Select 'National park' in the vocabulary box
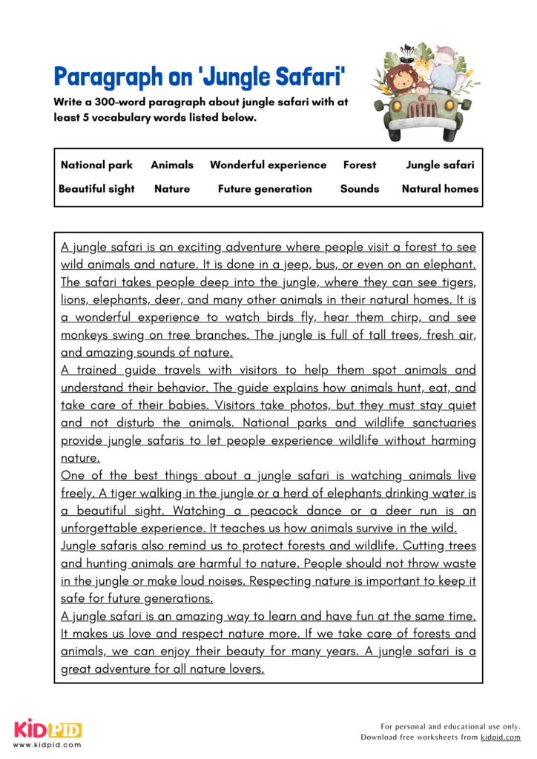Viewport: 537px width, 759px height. tap(96, 165)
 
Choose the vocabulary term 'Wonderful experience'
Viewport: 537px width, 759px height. tap(268, 165)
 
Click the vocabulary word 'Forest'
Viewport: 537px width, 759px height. tap(360, 165)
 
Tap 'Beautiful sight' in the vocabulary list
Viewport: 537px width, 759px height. tap(96, 188)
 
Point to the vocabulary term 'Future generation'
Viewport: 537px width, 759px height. tap(265, 188)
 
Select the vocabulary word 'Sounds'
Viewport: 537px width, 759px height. tap(360, 188)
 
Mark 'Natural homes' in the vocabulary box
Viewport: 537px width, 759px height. tap(440, 188)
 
